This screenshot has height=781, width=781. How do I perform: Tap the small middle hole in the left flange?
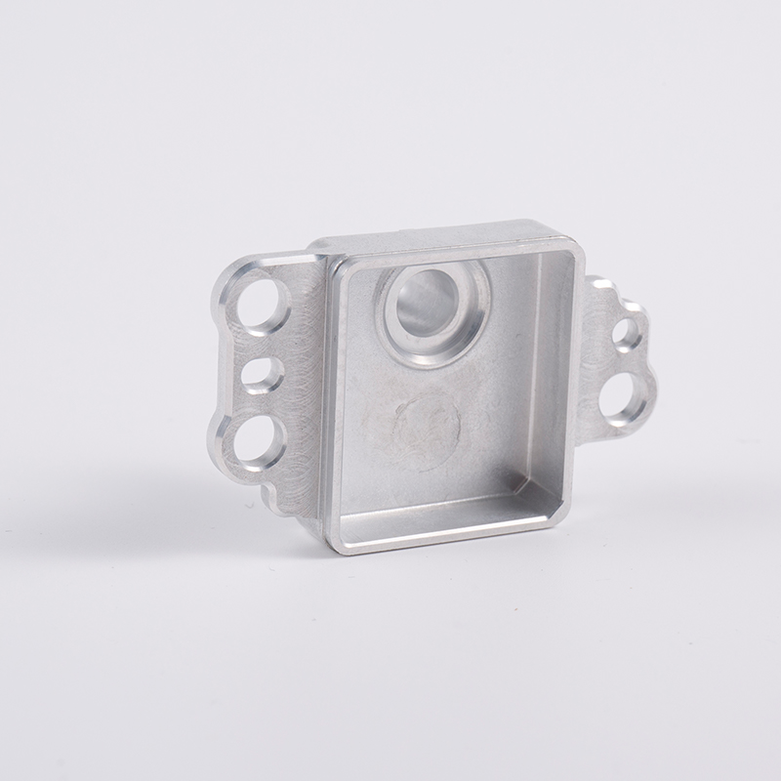pyautogui.click(x=262, y=375)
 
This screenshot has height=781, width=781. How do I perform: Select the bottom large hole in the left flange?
pyautogui.click(x=256, y=441)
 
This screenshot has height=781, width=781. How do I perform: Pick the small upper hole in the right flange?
pyautogui.click(x=625, y=332)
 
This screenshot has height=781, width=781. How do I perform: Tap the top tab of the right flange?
pyautogui.click(x=599, y=286)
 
